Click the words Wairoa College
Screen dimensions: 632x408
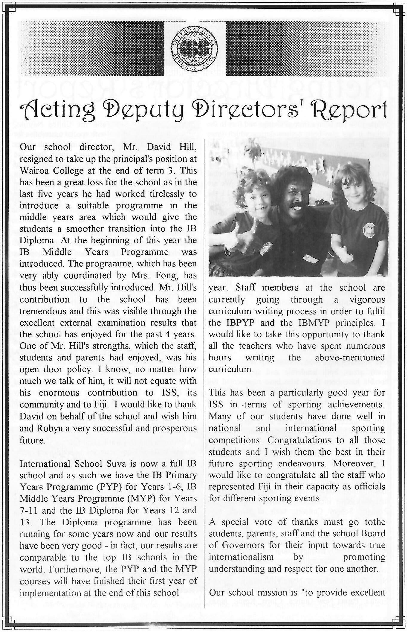(57, 170)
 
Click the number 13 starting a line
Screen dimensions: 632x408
(25, 522)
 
